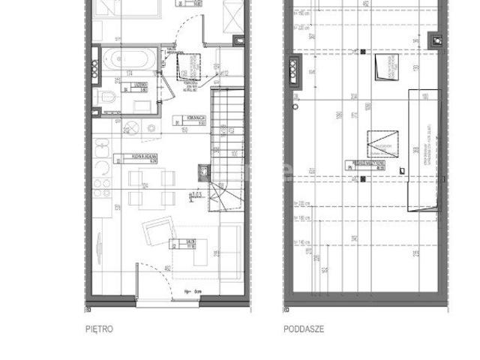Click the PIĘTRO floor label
tap(99, 328)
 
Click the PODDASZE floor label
tap(302, 328)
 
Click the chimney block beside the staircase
tap(203, 172)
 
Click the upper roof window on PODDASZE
tap(388, 69)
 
